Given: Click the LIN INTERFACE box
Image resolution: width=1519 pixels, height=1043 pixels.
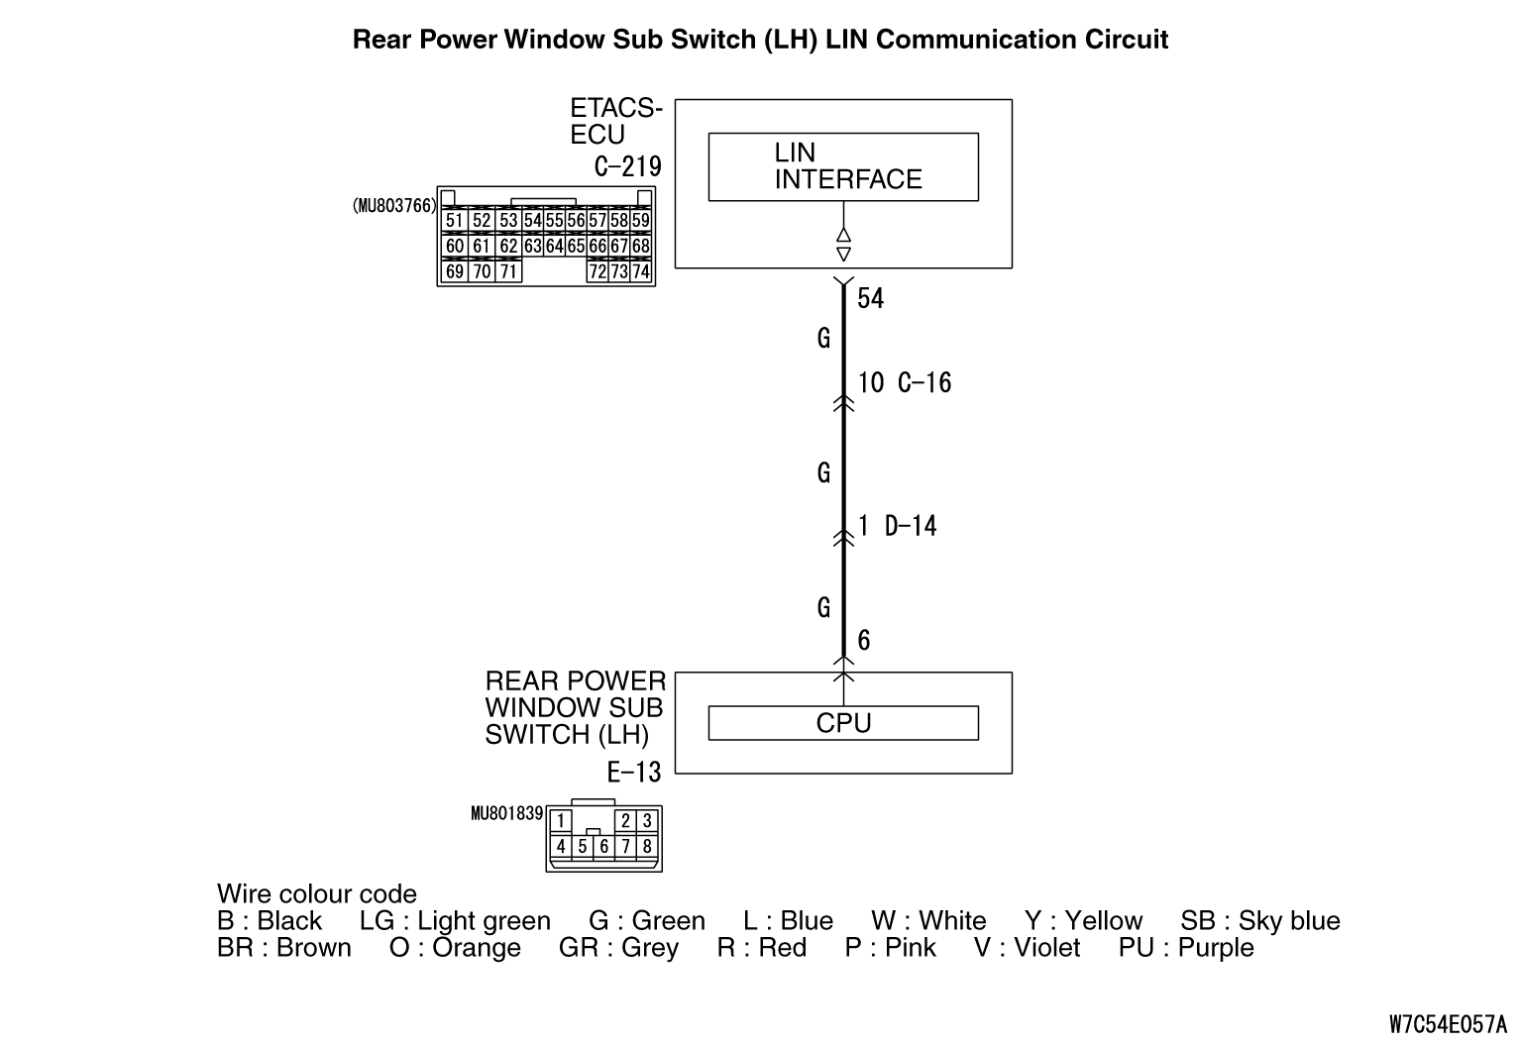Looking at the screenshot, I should click(x=842, y=166).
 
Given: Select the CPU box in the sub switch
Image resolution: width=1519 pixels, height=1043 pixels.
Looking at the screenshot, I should click(x=842, y=723).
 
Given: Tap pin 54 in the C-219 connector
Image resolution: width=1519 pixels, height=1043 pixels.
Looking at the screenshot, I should click(x=532, y=220).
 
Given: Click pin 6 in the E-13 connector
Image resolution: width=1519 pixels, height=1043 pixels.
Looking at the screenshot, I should click(x=604, y=846).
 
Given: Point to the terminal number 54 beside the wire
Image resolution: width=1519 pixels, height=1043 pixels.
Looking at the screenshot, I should click(x=870, y=298).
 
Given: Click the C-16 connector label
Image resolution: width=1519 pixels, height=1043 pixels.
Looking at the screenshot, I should click(x=924, y=383).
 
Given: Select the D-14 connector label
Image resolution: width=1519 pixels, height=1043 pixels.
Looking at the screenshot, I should click(x=911, y=526).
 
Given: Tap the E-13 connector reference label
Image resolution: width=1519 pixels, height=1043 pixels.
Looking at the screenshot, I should click(x=634, y=773).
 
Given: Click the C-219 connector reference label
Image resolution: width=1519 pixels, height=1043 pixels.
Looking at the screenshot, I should click(x=628, y=166).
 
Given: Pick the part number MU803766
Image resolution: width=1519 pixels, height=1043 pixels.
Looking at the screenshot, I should click(x=394, y=206).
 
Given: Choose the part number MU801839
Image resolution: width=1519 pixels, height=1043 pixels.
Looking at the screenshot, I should click(x=506, y=814).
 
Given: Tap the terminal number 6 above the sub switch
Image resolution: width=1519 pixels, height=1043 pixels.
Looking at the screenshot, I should click(x=864, y=641).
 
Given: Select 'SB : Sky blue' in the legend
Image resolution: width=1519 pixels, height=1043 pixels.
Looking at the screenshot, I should click(x=1260, y=921).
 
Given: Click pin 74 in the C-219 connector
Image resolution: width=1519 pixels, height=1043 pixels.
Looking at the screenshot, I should click(x=641, y=270).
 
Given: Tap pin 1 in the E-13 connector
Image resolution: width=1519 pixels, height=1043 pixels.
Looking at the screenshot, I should click(x=561, y=820).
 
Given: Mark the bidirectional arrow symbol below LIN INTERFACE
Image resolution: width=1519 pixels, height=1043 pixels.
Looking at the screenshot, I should click(x=843, y=245).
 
